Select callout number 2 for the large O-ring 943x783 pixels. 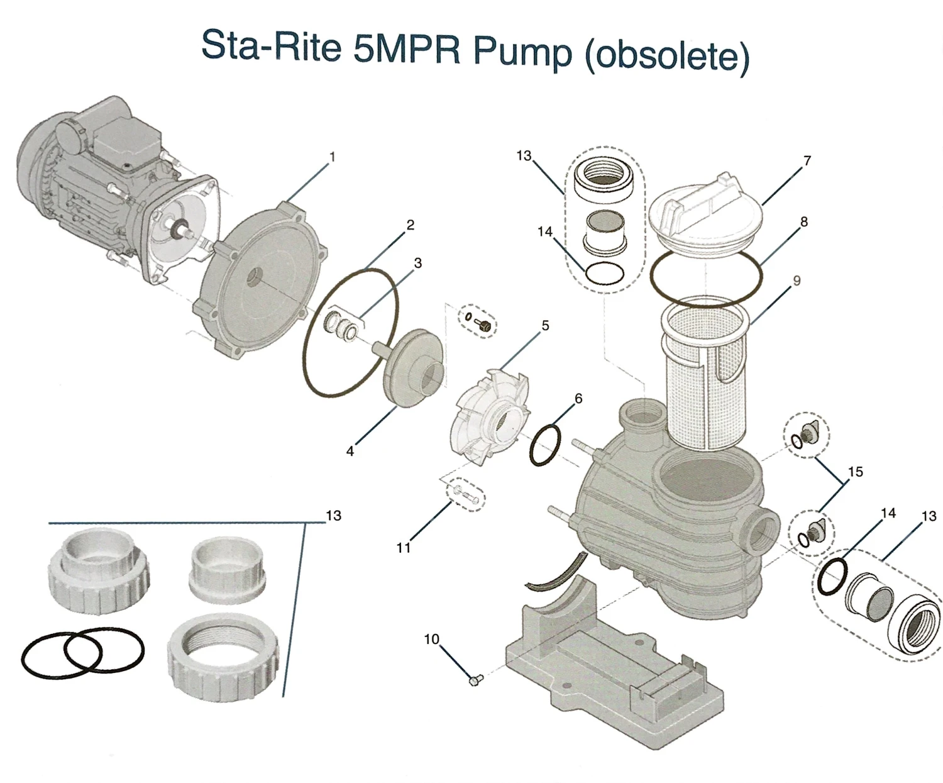410,225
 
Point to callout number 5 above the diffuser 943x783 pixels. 545,326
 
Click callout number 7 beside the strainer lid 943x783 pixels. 807,161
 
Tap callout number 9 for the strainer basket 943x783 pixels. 797,280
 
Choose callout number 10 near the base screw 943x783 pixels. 431,639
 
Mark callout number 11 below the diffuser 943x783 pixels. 403,548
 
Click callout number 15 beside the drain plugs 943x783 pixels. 856,472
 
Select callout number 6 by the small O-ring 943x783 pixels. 578,398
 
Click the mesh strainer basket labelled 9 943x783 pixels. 704,371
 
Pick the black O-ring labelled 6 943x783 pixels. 545,445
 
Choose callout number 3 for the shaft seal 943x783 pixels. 417,264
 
